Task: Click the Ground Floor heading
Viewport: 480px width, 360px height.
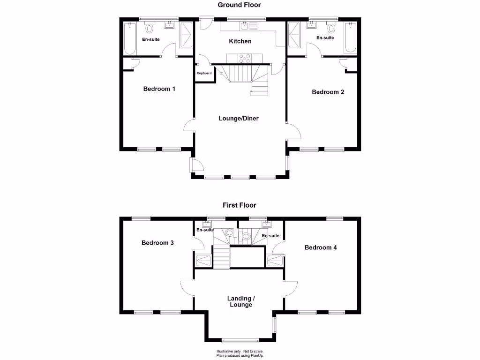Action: click(x=239, y=5)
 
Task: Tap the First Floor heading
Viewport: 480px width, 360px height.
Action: click(x=239, y=205)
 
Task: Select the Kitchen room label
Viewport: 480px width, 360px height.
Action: click(x=240, y=41)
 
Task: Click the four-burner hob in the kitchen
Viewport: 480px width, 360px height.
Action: click(x=245, y=58)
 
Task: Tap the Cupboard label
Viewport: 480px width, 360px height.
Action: click(x=204, y=73)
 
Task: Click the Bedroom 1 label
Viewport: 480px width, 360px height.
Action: click(x=159, y=89)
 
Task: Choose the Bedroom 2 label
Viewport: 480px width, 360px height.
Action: click(x=328, y=92)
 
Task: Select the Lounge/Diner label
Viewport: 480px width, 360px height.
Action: click(x=239, y=118)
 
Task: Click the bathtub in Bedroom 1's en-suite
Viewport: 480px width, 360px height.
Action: click(x=129, y=37)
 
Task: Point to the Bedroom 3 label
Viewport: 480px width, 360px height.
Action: click(x=157, y=243)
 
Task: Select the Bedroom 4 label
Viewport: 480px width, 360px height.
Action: click(x=321, y=247)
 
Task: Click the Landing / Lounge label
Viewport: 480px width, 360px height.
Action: click(x=240, y=301)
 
